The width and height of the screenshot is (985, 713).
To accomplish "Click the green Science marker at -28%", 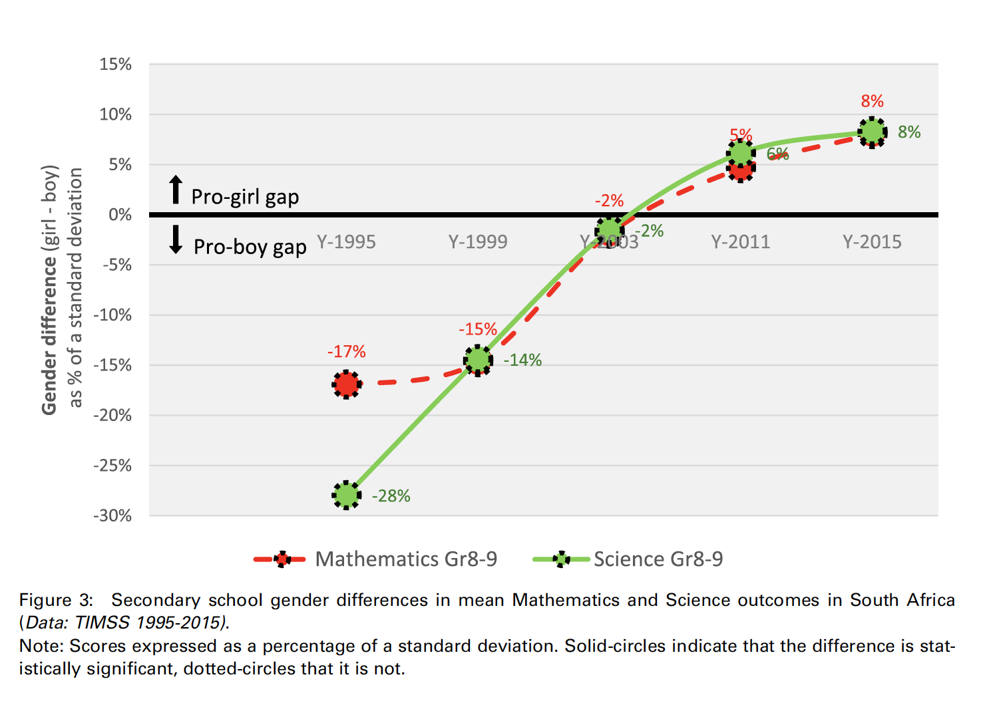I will (x=346, y=495).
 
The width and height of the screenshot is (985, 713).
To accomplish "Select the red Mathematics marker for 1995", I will (x=346, y=384).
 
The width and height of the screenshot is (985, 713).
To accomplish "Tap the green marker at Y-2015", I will (x=872, y=132).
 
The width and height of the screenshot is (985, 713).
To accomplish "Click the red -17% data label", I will (x=346, y=351).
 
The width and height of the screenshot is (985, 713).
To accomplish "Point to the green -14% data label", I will (x=522, y=360).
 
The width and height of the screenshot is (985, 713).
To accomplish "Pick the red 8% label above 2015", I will (x=872, y=101).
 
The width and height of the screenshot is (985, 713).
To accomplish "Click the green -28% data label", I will (x=391, y=496).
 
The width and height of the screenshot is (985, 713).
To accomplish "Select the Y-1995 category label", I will (x=346, y=241).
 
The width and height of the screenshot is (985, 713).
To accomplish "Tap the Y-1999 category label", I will (x=478, y=241).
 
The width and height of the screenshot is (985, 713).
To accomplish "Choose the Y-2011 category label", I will (x=740, y=241).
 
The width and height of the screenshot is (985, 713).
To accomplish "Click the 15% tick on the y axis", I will (x=116, y=65).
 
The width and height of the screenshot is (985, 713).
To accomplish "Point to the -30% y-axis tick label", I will (x=112, y=515).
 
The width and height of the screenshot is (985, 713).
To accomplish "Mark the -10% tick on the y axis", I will (x=112, y=315).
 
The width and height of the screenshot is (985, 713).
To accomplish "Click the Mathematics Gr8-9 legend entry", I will (x=405, y=559).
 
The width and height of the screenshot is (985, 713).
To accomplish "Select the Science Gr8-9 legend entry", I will (x=658, y=559).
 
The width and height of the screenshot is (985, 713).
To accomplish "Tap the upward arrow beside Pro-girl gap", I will (x=176, y=190).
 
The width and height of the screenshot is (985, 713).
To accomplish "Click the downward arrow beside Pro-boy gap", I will (x=176, y=239).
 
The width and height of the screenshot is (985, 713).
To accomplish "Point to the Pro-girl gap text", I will (x=245, y=197).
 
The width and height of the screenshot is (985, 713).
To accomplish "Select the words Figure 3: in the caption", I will (x=56, y=600).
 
